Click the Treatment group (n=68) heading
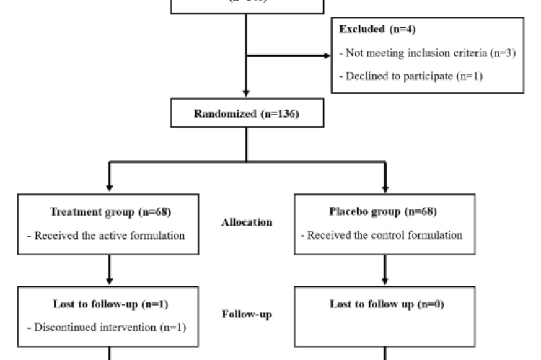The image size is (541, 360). [x=110, y=212]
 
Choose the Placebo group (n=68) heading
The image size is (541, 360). [x=384, y=212]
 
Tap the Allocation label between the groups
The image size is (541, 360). [x=247, y=223]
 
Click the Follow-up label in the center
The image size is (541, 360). [x=247, y=315]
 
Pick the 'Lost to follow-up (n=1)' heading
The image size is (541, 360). [x=110, y=304]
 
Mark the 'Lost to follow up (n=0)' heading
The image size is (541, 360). [x=384, y=304]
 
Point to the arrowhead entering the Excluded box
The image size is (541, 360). [x=326, y=56]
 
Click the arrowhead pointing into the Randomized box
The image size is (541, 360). [x=247, y=94]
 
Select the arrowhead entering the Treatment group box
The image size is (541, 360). [x=110, y=188]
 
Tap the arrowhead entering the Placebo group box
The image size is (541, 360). [x=384, y=188]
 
